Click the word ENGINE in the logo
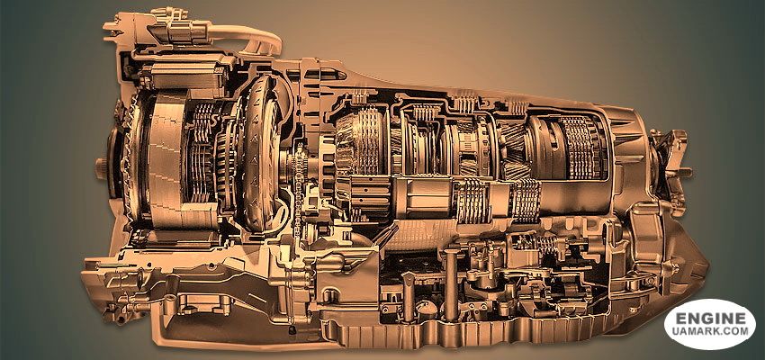(x=710, y=319)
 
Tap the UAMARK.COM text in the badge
(x=710, y=331)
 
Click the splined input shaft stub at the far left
(x=101, y=167)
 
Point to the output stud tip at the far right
(x=688, y=172)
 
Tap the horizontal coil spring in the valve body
(x=536, y=241)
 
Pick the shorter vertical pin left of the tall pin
(x=408, y=292)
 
